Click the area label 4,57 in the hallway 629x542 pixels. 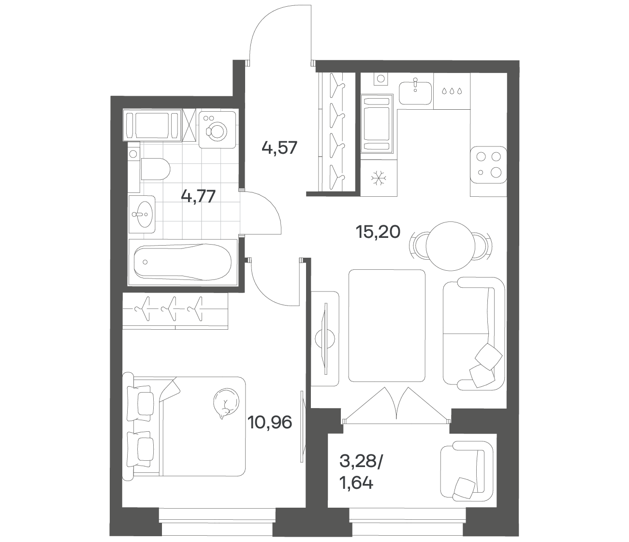[x=279, y=148]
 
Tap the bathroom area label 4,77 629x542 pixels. [x=198, y=196]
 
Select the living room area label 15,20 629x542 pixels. [x=378, y=232]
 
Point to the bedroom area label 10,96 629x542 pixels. [x=270, y=422]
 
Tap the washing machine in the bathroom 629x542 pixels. [x=217, y=130]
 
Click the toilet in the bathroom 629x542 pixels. [x=155, y=169]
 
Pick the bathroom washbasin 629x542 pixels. [x=142, y=214]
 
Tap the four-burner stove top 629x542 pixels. [x=488, y=165]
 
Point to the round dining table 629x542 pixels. [x=451, y=246]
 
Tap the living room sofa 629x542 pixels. [x=474, y=334]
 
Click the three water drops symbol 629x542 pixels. [x=452, y=91]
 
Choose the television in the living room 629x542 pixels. [x=325, y=338]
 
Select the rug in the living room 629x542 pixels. [x=387, y=325]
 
